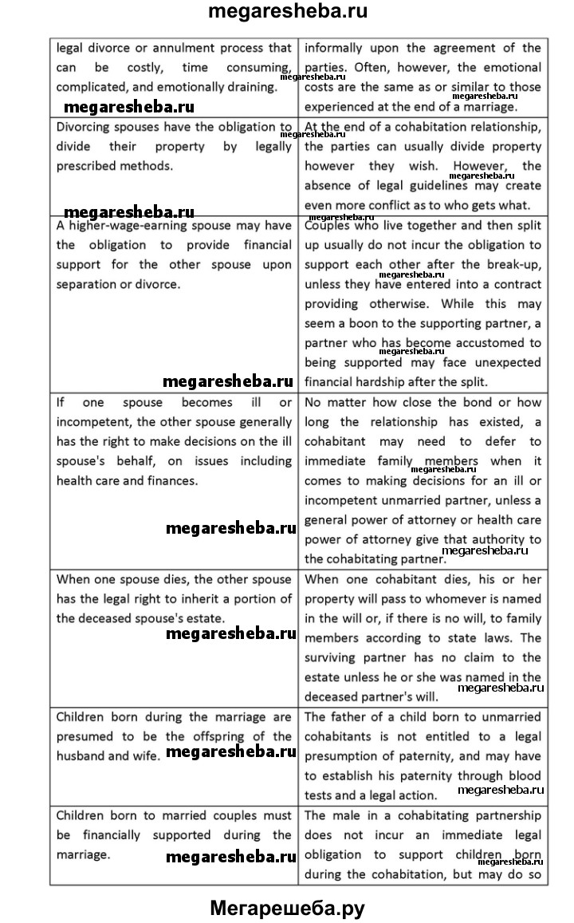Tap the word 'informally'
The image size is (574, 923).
click(336, 48)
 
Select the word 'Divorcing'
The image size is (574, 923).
click(84, 127)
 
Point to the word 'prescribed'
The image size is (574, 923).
click(85, 166)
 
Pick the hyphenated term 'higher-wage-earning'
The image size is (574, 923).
click(126, 226)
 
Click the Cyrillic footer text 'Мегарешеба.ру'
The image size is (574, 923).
click(287, 907)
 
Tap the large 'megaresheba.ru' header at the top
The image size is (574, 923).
click(287, 12)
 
